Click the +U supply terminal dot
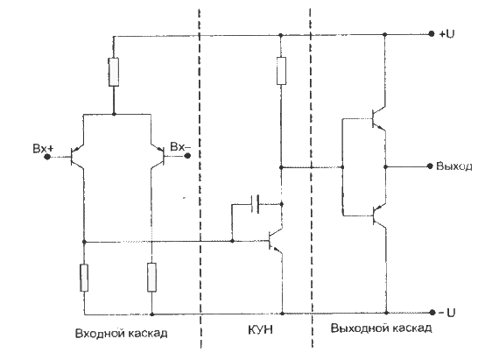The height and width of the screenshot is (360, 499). [x=432, y=34]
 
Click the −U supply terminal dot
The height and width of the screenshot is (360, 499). [x=432, y=313]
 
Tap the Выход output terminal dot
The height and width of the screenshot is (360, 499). [x=430, y=166]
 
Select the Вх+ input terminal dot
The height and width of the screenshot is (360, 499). [x=47, y=157]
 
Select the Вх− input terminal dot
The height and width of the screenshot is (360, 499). [x=187, y=156]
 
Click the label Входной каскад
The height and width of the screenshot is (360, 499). [x=122, y=333]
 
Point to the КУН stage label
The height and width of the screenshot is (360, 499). [x=260, y=329]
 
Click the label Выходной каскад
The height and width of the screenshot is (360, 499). [x=381, y=328]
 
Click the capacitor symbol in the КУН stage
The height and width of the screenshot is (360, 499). [x=256, y=204]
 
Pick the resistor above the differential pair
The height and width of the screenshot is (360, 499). [x=114, y=72]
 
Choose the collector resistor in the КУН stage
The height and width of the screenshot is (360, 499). [x=281, y=71]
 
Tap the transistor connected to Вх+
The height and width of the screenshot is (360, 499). [x=77, y=157]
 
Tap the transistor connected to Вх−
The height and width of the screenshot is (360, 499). [x=158, y=156]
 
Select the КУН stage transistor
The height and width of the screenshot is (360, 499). [x=276, y=241]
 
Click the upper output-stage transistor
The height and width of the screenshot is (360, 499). [x=379, y=118]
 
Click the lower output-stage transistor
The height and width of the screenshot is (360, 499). [x=379, y=215]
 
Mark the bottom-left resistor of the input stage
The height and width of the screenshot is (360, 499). [x=84, y=278]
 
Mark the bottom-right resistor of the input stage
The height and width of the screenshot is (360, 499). [x=151, y=278]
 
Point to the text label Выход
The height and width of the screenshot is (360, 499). [x=454, y=166]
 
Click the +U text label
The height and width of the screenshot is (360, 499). [x=446, y=34]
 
